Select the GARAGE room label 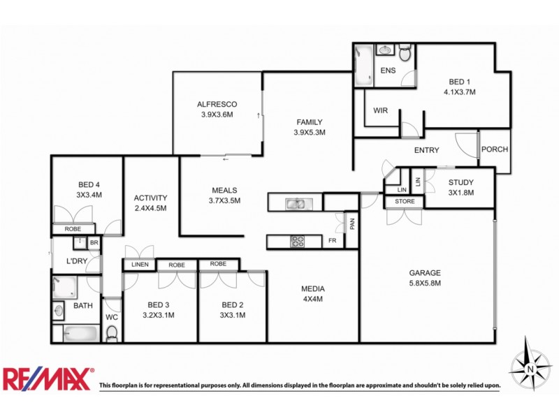pos(426,273)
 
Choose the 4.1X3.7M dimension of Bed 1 pos(459,91)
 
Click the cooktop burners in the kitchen pos(298,242)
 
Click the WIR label pos(381,110)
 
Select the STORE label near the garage pos(405,202)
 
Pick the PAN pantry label pos(353,224)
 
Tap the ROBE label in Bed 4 pos(73,228)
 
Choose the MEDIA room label pos(313,288)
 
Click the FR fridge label pos(333,242)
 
